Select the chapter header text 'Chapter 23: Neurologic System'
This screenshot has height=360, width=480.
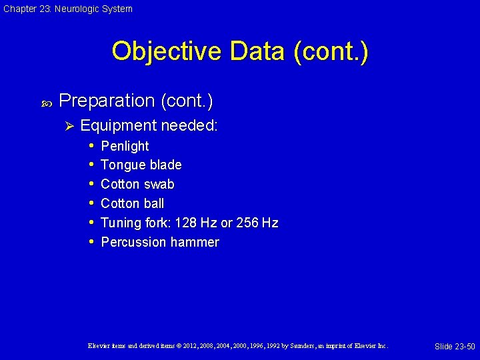tap(67, 9)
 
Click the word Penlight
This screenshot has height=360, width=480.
tap(125, 146)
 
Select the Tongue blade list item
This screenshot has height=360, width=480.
tap(141, 165)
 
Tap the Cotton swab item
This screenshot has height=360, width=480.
tap(137, 184)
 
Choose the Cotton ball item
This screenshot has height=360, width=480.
tap(132, 203)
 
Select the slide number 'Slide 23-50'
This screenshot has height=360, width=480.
tap(455, 347)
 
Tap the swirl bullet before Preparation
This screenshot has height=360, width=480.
tap(46, 102)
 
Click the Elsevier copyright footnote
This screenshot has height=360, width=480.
tap(237, 346)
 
